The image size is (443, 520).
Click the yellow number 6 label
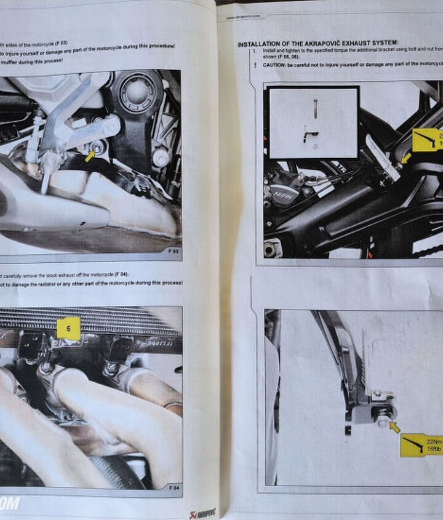[69, 328]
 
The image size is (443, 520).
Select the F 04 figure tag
[173, 487]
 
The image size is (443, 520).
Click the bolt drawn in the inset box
[314, 109]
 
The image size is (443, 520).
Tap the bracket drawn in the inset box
[311, 136]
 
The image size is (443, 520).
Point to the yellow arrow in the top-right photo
[405, 158]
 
